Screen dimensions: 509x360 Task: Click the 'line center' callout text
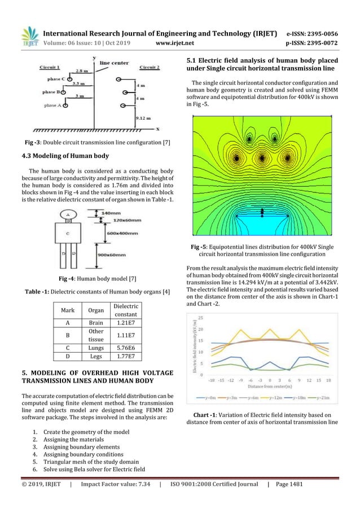click(114, 63)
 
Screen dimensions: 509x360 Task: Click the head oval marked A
click(68, 214)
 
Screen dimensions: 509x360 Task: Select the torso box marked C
click(68, 232)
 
